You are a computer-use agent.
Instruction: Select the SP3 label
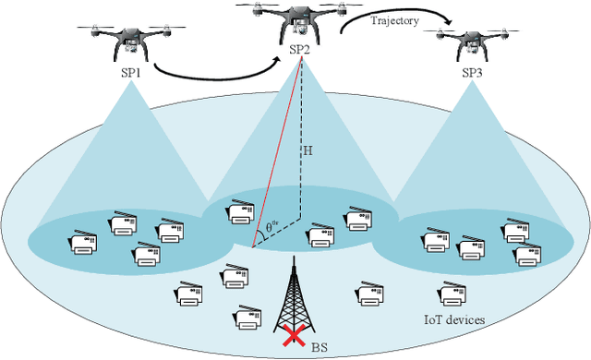[x=473, y=71]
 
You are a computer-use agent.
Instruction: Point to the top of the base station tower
[x=295, y=259]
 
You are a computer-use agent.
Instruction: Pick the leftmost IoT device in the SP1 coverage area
[x=83, y=243]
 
